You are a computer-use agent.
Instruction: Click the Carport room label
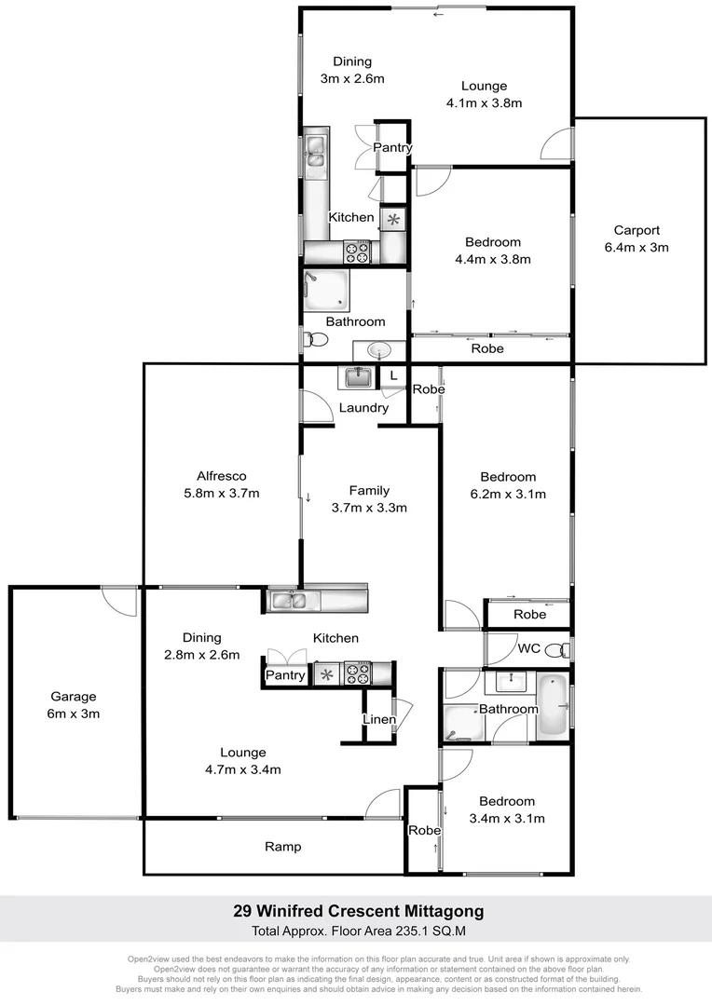pos(637,230)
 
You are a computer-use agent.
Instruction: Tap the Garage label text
pos(74,697)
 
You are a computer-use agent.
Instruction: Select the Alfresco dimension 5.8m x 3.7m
pos(221,494)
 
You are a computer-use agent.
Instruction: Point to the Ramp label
pos(282,847)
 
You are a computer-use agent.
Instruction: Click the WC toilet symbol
pos(555,648)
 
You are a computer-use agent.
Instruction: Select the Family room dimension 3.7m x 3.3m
pos(369,508)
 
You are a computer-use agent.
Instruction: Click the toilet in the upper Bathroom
pos(315,342)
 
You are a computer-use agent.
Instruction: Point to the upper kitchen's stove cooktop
pos(357,251)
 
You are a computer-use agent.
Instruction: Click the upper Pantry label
pos(392,148)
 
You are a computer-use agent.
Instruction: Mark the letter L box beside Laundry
pos(394,375)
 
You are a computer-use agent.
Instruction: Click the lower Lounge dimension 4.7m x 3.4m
pos(243,769)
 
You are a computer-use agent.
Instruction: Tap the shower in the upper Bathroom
pos(325,291)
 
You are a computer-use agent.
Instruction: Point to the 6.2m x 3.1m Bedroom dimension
pos(508,494)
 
